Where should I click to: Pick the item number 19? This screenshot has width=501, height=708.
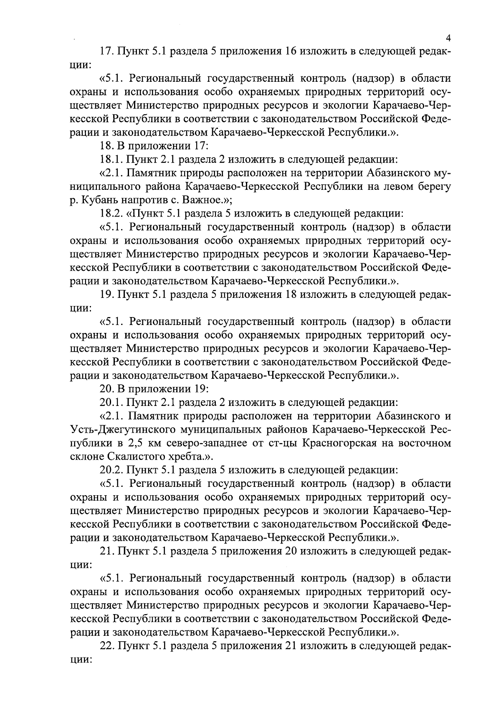(x=107, y=295)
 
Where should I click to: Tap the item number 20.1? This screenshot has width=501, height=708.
(x=111, y=403)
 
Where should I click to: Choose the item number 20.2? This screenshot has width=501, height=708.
(x=111, y=470)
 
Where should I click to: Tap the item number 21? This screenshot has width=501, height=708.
(x=107, y=552)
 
